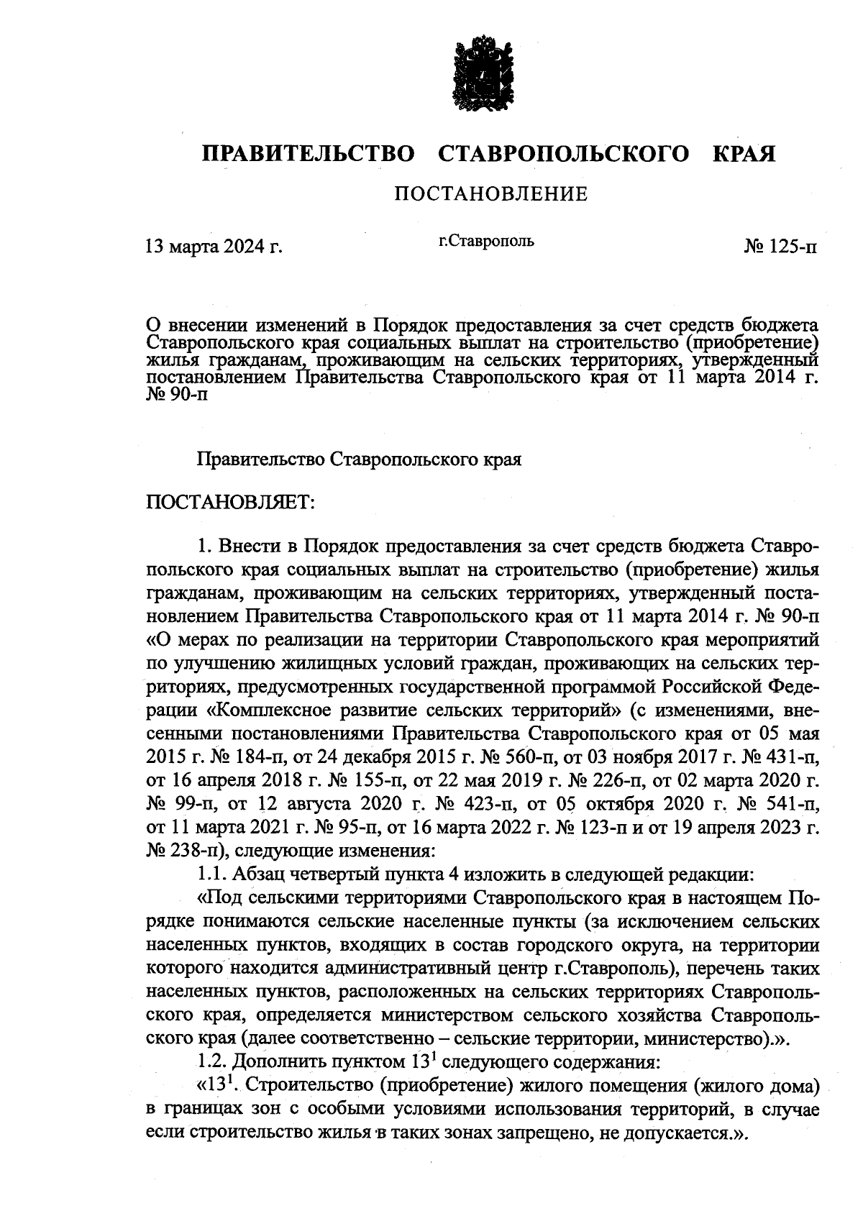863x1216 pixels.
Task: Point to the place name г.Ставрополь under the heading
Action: click(486, 241)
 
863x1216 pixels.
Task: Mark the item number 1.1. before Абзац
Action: click(213, 875)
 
